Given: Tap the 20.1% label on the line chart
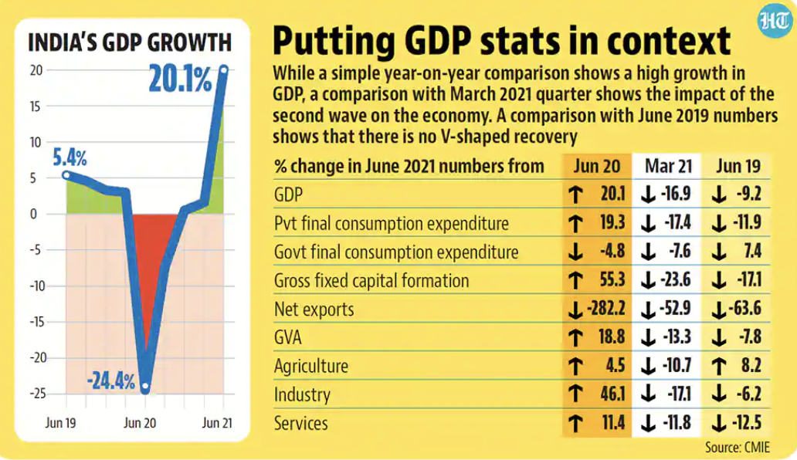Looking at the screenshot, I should coord(181,79).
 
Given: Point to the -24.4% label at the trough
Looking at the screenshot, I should coord(110,380).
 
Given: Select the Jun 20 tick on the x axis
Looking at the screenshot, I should coord(141,423).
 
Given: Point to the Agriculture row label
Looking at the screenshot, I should coord(311,367).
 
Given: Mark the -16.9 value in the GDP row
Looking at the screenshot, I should coord(677,194).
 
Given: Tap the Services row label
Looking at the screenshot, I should coord(301,424).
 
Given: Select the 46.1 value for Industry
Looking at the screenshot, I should coord(610,395).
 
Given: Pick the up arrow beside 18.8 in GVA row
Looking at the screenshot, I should coord(575,338).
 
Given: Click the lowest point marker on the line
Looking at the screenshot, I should coord(145,388).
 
